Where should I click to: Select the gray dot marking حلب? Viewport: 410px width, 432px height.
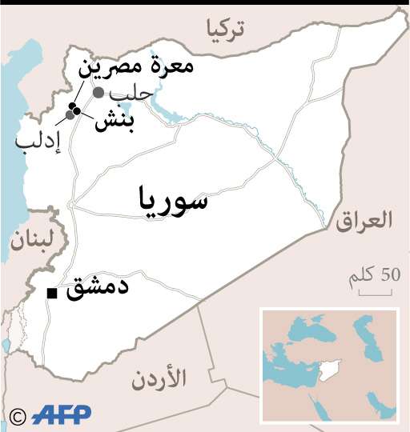pyautogui.click(x=98, y=93)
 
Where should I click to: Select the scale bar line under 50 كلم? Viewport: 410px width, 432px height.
pyautogui.click(x=375, y=293)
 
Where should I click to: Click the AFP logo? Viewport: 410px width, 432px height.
pyautogui.click(x=62, y=414)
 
